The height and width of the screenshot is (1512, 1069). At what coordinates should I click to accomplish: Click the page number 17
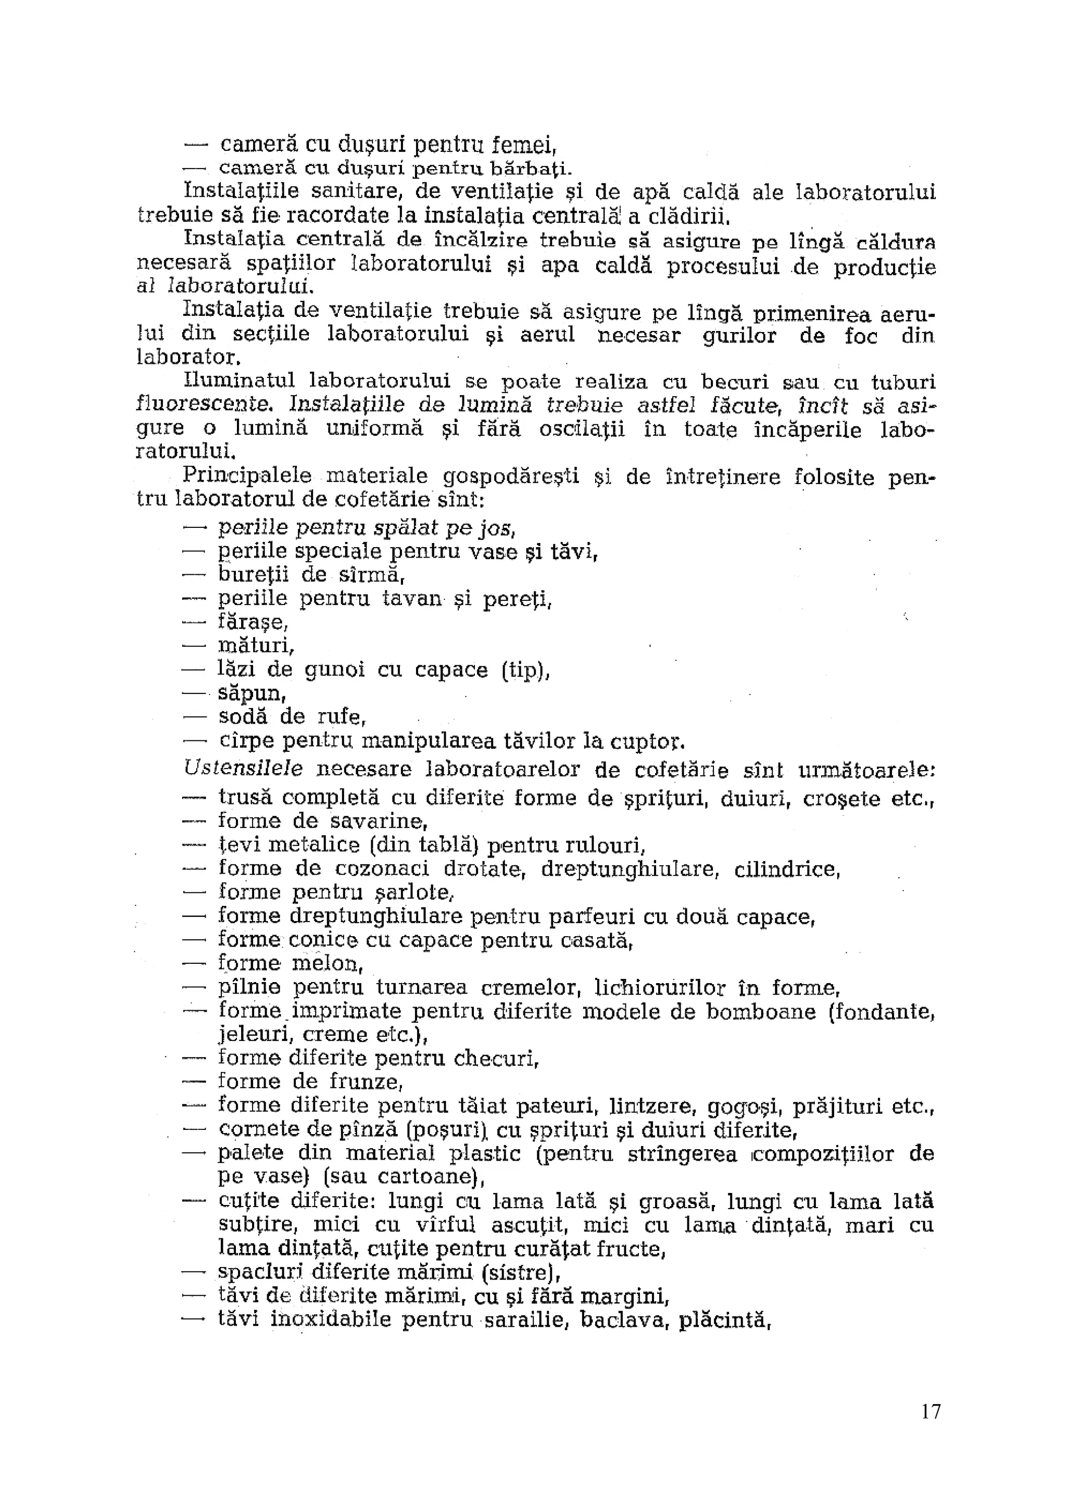pyautogui.click(x=931, y=1430)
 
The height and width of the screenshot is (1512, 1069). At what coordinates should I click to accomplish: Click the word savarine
pyautogui.click(x=378, y=821)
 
